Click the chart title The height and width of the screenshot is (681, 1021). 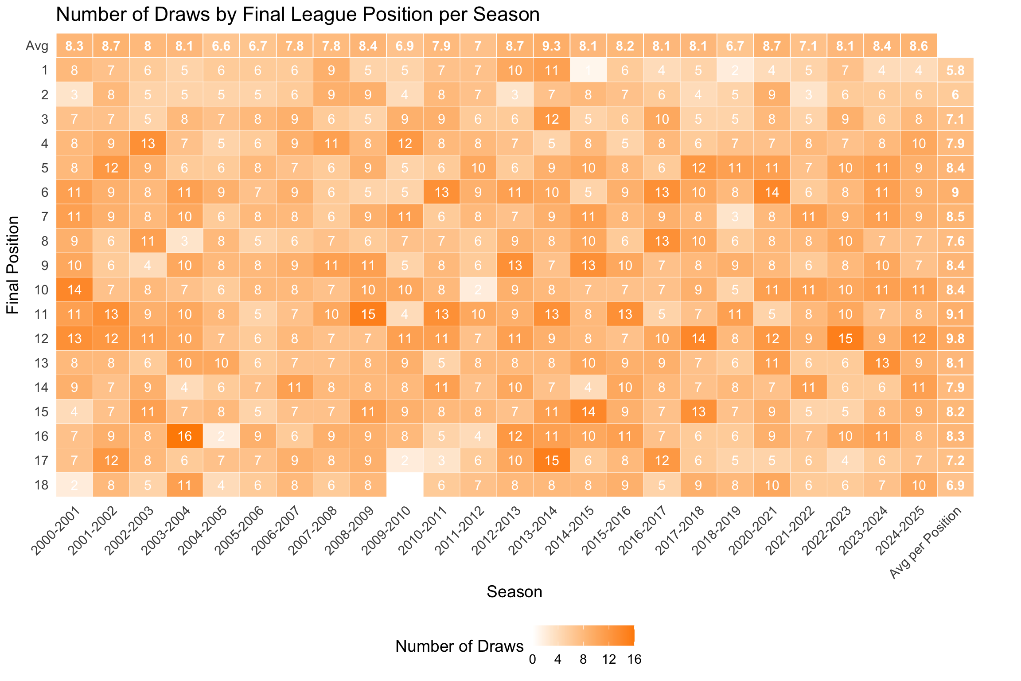pyautogui.click(x=298, y=15)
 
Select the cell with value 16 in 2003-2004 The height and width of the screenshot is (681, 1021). pyautogui.click(x=184, y=436)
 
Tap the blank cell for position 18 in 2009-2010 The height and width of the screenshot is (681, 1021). pyautogui.click(x=405, y=485)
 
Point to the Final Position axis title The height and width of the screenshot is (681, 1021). pyautogui.click(x=13, y=265)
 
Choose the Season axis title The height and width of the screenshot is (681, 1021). pyautogui.click(x=514, y=592)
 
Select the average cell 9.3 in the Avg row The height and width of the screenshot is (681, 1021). pyautogui.click(x=551, y=46)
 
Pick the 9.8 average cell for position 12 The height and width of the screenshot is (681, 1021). pyautogui.click(x=955, y=338)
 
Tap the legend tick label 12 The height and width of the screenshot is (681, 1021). pyautogui.click(x=609, y=660)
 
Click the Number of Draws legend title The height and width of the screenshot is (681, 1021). pyautogui.click(x=459, y=646)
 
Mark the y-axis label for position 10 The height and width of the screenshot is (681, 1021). pyautogui.click(x=41, y=290)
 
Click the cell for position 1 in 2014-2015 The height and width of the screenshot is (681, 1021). pyautogui.click(x=588, y=70)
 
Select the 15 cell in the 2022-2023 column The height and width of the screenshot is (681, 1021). pyautogui.click(x=845, y=338)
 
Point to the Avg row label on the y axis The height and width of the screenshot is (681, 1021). pyautogui.click(x=37, y=46)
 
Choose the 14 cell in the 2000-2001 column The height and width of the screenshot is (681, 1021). pyautogui.click(x=74, y=290)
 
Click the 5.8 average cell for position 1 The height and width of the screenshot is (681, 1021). pyautogui.click(x=955, y=70)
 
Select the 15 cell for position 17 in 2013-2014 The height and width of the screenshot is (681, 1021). pyautogui.click(x=551, y=460)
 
